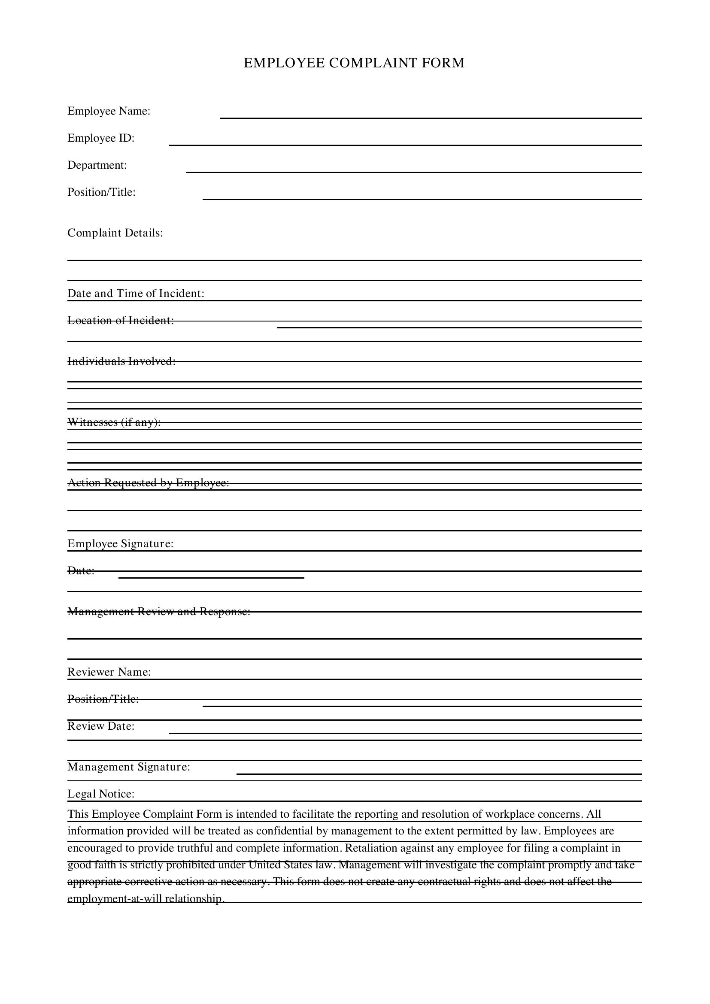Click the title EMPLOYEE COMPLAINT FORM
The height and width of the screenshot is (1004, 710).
point(354,63)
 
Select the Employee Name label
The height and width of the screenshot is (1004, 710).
point(109,111)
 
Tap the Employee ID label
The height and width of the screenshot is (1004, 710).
point(101,138)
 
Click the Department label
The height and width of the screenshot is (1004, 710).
point(97,165)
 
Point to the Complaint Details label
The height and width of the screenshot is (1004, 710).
point(115,233)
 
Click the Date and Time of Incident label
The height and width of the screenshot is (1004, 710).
point(136,293)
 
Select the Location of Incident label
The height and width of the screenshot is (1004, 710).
point(121,321)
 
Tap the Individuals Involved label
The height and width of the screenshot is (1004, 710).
point(121,361)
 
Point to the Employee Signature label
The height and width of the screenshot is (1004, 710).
point(121,543)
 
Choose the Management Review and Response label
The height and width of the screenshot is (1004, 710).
point(159,611)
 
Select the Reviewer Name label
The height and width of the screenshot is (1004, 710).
point(109,672)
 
